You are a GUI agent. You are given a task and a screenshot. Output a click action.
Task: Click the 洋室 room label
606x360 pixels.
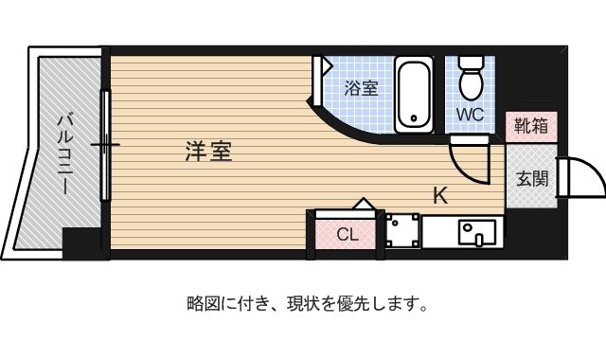[x=208, y=152]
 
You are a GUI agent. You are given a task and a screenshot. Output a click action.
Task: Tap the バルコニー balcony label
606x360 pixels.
[x=64, y=153]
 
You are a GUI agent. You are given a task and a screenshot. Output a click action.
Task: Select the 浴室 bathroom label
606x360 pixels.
[x=362, y=88]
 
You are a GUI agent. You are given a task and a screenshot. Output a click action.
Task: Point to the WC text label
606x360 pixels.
[x=470, y=115]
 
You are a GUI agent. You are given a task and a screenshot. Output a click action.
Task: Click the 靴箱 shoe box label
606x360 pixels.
[x=531, y=126]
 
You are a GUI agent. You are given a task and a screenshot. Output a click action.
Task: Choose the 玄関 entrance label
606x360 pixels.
[x=532, y=179]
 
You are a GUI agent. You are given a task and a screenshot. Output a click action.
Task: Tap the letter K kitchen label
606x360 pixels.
[x=440, y=195]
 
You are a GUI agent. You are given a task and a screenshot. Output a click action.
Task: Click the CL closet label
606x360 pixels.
[x=348, y=234]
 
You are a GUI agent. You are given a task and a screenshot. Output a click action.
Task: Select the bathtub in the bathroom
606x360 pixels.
[x=414, y=95]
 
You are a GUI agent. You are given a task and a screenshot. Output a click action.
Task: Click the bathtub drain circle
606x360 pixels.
[x=415, y=118]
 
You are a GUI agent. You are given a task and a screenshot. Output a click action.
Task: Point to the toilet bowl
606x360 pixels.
[x=471, y=84]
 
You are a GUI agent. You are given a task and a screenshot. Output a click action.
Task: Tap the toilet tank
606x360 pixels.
[x=471, y=62]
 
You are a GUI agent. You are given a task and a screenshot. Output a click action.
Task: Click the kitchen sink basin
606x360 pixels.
[x=477, y=233]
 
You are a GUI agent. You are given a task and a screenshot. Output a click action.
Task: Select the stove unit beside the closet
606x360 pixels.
[x=402, y=231]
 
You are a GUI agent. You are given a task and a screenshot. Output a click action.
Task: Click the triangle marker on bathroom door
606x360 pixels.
[x=327, y=65]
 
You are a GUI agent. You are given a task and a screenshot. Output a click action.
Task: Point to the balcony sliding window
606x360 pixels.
[x=105, y=145]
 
